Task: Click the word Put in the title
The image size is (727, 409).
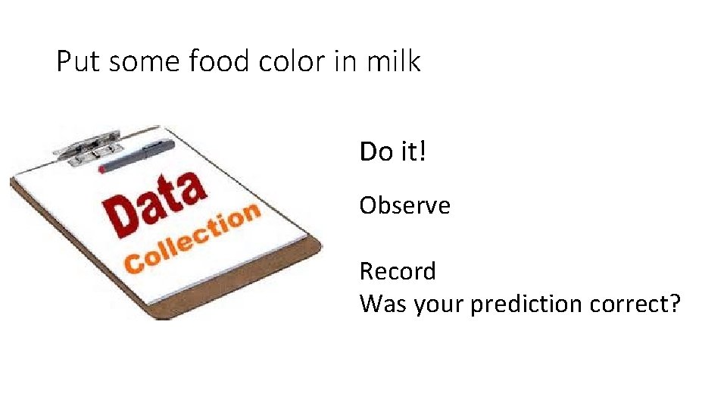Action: point(79,61)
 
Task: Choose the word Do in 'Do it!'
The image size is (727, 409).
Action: point(376,151)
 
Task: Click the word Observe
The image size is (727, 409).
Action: point(404,205)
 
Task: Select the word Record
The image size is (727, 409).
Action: point(398,270)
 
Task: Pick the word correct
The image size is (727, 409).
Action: point(634,304)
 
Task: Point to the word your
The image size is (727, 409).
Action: point(437,305)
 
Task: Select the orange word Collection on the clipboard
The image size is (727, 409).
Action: point(193,239)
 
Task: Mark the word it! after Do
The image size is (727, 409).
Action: point(413,151)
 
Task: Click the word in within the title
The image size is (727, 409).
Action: point(345,61)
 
